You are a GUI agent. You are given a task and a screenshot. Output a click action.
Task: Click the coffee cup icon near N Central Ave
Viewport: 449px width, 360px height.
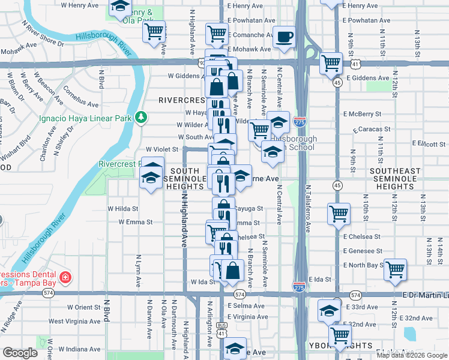click(x=284, y=37)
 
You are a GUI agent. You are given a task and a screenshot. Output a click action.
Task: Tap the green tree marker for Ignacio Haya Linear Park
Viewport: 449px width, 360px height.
click(x=141, y=116)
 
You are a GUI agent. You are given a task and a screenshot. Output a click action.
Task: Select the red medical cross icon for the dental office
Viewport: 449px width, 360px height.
click(x=64, y=278)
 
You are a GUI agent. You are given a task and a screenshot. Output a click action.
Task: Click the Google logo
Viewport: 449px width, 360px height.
click(x=20, y=353)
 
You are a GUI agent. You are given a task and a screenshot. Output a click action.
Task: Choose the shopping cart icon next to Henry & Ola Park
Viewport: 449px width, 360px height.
click(x=154, y=30)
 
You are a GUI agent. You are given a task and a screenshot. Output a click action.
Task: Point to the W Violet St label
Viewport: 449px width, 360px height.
click(x=162, y=149)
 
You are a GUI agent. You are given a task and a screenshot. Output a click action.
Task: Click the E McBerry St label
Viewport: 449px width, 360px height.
click(x=362, y=113)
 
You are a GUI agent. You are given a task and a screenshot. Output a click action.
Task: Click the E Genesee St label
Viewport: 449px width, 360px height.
click(x=363, y=251)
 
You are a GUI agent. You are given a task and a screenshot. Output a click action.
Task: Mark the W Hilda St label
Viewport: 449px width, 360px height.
click(x=123, y=209)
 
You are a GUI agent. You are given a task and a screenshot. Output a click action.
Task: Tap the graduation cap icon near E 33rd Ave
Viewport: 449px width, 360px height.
click(x=329, y=310)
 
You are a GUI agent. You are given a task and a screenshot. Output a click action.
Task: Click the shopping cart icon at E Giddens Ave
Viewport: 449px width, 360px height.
click(x=330, y=63)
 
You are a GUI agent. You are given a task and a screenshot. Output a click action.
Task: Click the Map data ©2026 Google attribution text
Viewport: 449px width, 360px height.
click(x=411, y=355)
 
